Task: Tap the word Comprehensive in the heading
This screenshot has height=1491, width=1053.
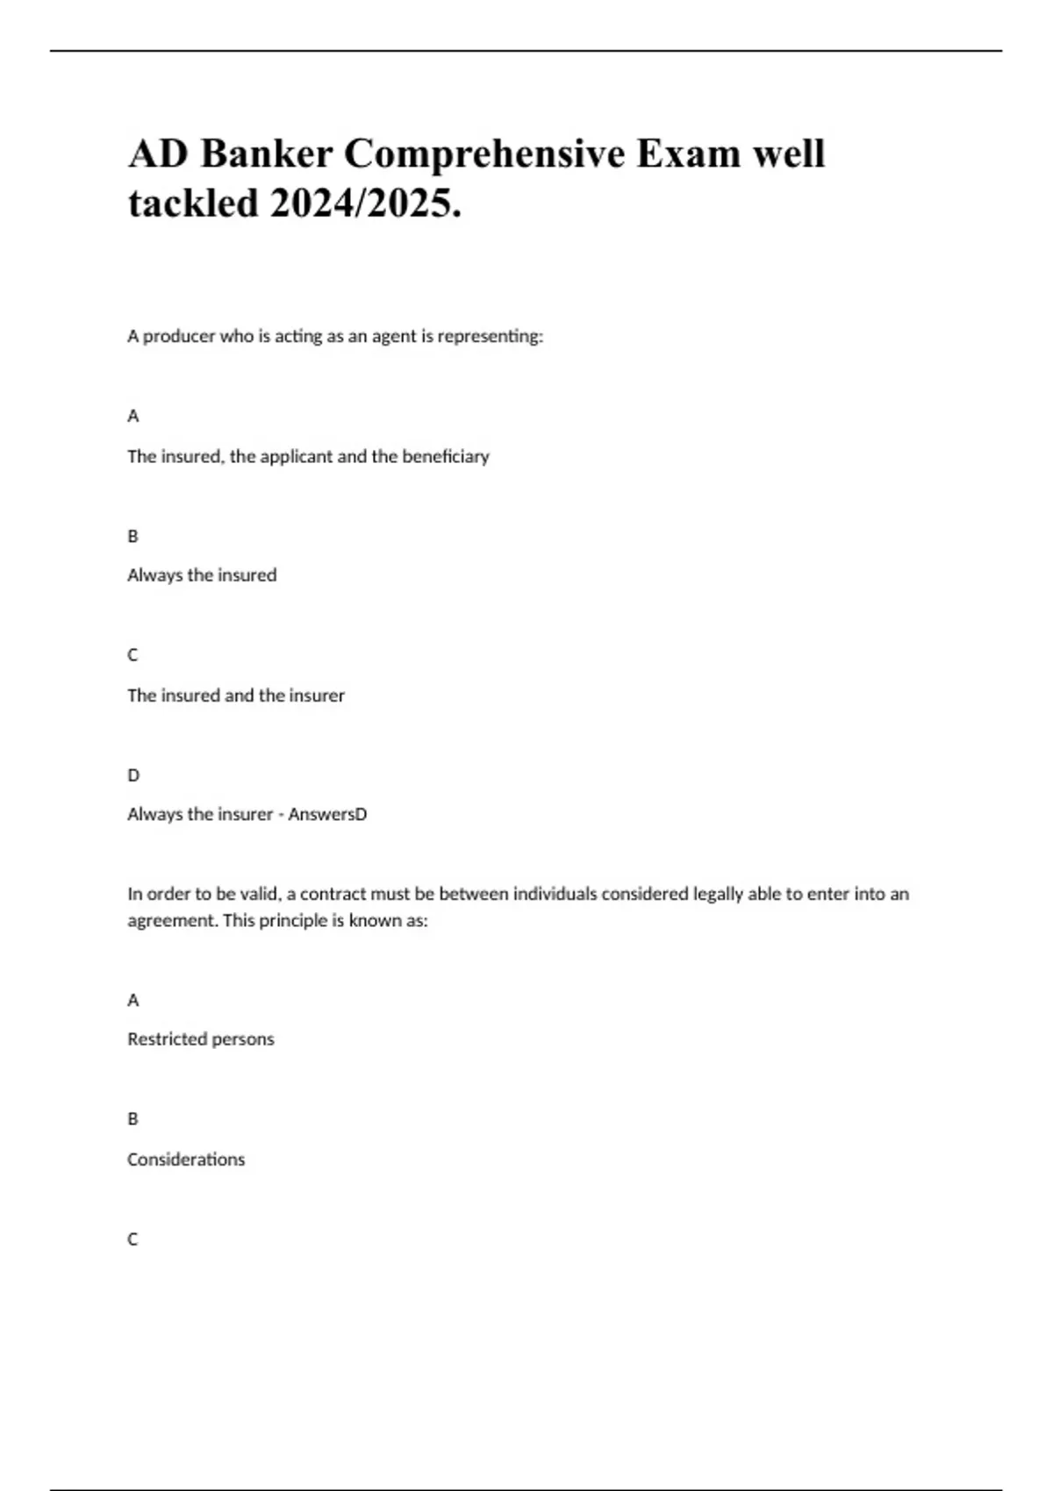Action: (484, 154)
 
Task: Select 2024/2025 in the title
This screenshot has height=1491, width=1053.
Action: (365, 203)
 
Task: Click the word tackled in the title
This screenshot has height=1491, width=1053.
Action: (193, 203)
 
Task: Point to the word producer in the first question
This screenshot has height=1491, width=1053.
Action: (180, 336)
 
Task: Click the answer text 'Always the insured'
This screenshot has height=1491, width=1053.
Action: (202, 575)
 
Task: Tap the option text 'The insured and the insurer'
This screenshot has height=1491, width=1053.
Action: (236, 696)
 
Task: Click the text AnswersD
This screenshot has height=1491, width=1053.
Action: (327, 814)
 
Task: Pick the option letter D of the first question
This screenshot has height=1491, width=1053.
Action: (133, 775)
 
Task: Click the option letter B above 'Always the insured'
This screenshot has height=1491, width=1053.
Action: (133, 536)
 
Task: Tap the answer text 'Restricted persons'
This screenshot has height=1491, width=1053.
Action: (201, 1039)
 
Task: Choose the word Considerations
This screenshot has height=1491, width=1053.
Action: (186, 1159)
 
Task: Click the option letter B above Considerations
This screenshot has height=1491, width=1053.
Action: (133, 1119)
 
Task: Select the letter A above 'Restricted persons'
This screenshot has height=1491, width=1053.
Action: (133, 1000)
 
